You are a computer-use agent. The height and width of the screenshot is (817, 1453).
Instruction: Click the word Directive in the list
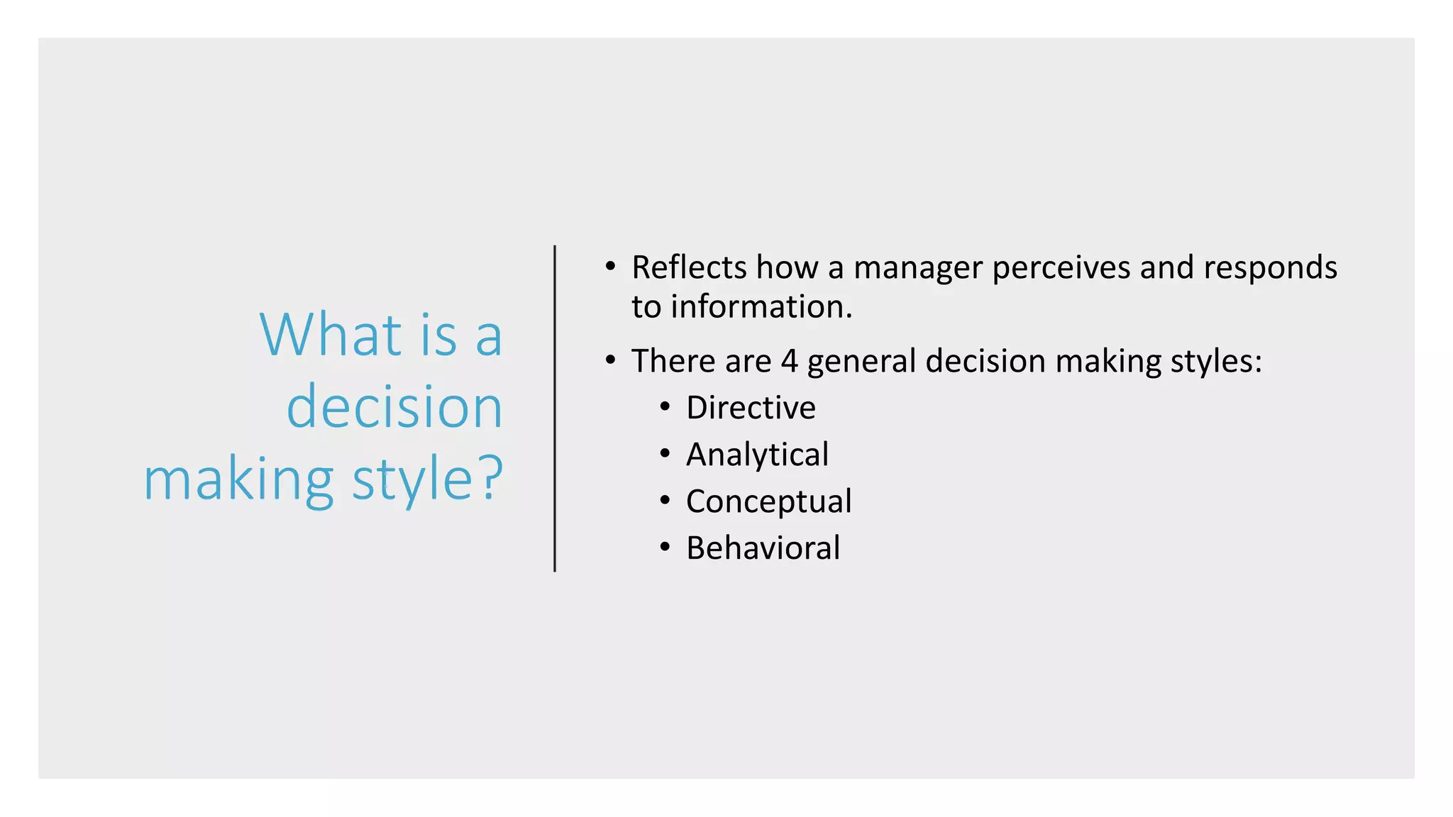751,408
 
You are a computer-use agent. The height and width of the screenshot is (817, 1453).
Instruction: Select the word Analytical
757,455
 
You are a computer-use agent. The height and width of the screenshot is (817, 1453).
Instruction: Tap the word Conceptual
768,501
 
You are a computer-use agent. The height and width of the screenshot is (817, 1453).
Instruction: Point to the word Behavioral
763,548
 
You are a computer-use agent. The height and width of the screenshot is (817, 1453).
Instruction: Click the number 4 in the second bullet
789,361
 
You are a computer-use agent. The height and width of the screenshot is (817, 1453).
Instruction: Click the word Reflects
689,267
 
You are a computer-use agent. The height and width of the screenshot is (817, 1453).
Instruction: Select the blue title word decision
394,407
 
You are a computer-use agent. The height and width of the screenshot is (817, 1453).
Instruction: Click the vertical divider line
555,408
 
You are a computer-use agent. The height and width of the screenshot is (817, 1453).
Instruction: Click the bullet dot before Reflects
610,267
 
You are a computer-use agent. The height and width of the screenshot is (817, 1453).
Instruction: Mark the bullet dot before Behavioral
665,548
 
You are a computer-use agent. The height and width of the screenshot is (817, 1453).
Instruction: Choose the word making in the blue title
238,481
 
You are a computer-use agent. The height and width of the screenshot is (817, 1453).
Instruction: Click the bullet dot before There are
610,360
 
